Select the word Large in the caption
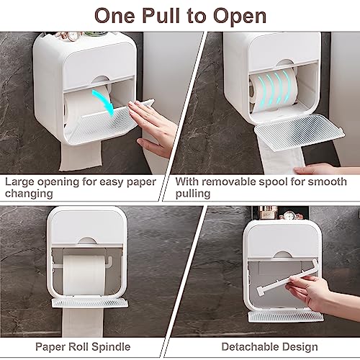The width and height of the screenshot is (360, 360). coord(22,182)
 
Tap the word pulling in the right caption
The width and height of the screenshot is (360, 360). coord(192,194)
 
